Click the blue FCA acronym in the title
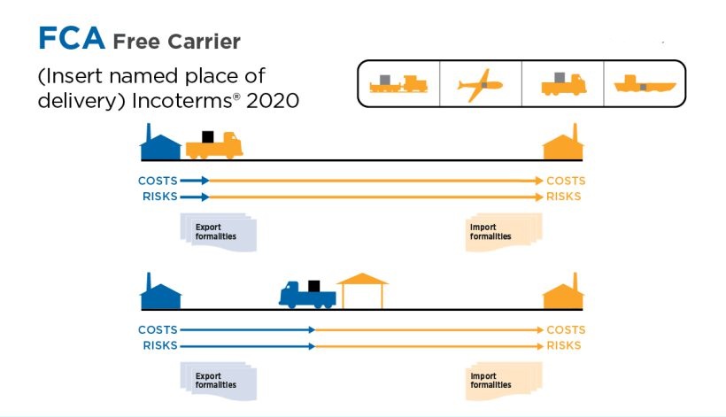click(x=72, y=38)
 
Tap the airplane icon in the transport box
click(x=480, y=85)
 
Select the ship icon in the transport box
click(x=645, y=84)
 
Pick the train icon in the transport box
click(x=398, y=83)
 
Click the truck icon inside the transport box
click(x=563, y=84)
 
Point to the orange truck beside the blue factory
click(x=214, y=144)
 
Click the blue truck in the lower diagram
click(x=307, y=294)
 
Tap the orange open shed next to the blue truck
click(x=362, y=290)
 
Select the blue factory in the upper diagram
click(x=160, y=142)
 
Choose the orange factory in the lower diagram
click(x=563, y=291)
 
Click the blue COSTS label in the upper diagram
click(x=158, y=181)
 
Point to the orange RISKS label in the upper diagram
click(x=563, y=197)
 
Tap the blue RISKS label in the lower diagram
click(x=160, y=345)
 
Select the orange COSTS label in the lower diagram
click(x=566, y=329)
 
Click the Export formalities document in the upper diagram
click(x=218, y=232)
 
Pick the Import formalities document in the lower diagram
click(x=504, y=381)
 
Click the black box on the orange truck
click(x=208, y=136)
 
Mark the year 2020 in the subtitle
click(x=273, y=100)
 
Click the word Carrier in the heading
click(x=204, y=42)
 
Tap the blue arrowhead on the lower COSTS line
click(x=312, y=330)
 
